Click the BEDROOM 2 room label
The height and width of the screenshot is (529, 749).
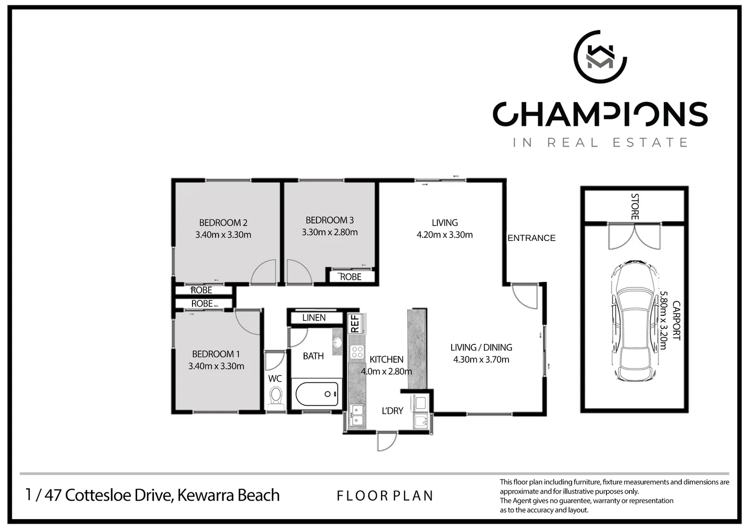[223, 223]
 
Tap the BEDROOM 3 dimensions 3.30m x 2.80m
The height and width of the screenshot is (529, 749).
[330, 233]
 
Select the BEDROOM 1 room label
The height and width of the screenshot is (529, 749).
[216, 354]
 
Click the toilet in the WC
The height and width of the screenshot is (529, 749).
[276, 396]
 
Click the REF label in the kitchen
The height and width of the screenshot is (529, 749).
[355, 324]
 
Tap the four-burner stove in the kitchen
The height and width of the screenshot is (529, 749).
[357, 352]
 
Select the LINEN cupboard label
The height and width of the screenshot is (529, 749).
[314, 318]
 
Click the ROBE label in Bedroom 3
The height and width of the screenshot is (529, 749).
[351, 277]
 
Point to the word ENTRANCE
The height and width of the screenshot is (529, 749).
[531, 238]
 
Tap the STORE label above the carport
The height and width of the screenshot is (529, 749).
[634, 206]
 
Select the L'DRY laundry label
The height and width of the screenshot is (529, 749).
[392, 411]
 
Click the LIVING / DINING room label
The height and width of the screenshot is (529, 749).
[481, 347]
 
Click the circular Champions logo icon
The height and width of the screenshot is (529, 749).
[600, 57]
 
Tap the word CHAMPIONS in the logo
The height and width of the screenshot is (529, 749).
[600, 114]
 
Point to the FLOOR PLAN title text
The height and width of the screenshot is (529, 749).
[385, 496]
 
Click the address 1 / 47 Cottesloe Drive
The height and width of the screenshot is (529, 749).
[152, 495]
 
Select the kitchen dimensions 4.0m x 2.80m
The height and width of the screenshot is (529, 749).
[386, 371]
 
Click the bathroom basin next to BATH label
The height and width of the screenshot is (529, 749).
[338, 341]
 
